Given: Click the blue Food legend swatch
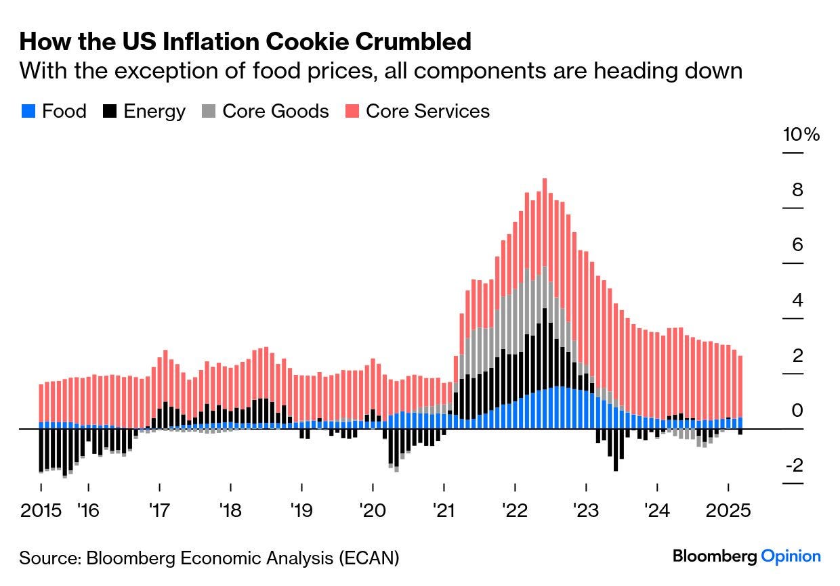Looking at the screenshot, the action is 28,111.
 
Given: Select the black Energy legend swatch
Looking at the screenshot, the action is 110,111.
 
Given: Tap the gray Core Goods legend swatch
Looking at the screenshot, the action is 209,111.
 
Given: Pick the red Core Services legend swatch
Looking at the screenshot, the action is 352,111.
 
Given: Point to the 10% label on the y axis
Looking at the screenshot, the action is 801,135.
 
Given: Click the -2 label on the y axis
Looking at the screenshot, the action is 795,466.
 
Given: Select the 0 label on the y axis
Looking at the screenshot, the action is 797,410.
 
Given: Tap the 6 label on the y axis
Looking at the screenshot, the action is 797,245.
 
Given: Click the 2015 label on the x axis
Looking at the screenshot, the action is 41,510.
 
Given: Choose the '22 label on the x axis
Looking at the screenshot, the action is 515,510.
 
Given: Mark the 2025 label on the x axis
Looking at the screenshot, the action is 728,510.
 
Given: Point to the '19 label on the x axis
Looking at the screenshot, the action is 301,510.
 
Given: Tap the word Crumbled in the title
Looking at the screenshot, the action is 413,41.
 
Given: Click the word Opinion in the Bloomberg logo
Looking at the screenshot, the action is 791,557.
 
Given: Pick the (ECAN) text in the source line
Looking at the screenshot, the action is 369,558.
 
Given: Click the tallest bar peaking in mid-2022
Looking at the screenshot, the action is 545,304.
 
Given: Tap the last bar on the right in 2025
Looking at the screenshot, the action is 740,395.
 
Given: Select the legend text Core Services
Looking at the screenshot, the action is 427,111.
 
